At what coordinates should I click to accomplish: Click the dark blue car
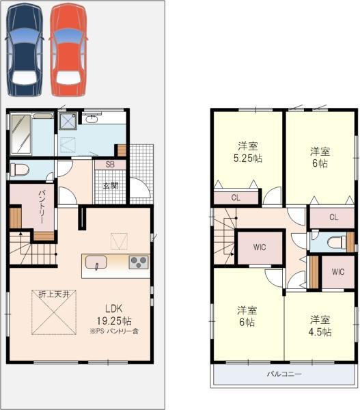click(x=25, y=50)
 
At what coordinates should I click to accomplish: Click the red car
click(x=68, y=50)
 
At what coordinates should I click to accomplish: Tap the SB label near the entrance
click(x=110, y=165)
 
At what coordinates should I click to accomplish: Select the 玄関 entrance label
click(x=111, y=186)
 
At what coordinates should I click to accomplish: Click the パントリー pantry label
click(x=42, y=207)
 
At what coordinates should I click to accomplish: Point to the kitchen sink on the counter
click(x=96, y=262)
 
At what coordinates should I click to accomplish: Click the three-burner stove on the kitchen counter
click(x=139, y=262)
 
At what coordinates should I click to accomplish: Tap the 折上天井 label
click(x=54, y=295)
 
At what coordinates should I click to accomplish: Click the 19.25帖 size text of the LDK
click(x=114, y=321)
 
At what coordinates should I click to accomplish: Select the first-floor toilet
click(x=19, y=169)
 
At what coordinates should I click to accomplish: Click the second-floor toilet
click(x=336, y=242)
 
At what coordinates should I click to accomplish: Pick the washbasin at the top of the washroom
click(x=92, y=119)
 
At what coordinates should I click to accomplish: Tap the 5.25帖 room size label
click(x=247, y=159)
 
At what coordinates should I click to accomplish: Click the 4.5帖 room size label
click(x=320, y=332)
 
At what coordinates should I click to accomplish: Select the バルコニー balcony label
click(x=284, y=374)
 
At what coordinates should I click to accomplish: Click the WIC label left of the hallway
click(x=260, y=247)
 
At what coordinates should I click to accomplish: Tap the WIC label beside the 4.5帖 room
click(x=338, y=272)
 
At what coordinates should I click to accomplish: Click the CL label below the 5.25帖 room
click(x=236, y=197)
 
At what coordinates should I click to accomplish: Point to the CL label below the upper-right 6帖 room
click(x=333, y=217)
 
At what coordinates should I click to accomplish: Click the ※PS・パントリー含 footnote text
click(x=114, y=331)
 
